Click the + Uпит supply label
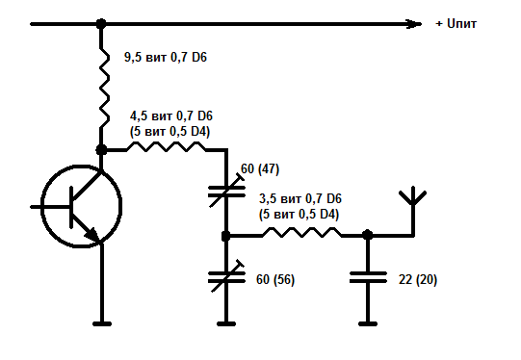coord(456,24)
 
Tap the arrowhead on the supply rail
coord(414,24)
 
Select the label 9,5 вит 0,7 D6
coord(166,58)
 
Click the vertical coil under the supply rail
coord(104,88)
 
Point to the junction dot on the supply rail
coord(101,24)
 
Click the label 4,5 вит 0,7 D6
coord(171,116)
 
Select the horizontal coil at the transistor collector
coord(167,146)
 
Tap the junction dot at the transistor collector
coord(101,150)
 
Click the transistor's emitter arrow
coord(92,234)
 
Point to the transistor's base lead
coord(50,207)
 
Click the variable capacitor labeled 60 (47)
coord(226,191)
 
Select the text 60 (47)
coord(260,169)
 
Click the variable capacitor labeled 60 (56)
coord(226,276)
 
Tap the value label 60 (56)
coord(275,280)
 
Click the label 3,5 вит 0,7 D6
coord(300,199)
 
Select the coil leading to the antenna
coord(301,233)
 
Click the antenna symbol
coord(413,211)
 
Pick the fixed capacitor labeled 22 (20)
coord(368,277)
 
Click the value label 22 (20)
coord(418,280)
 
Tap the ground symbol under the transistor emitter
coord(102,323)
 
